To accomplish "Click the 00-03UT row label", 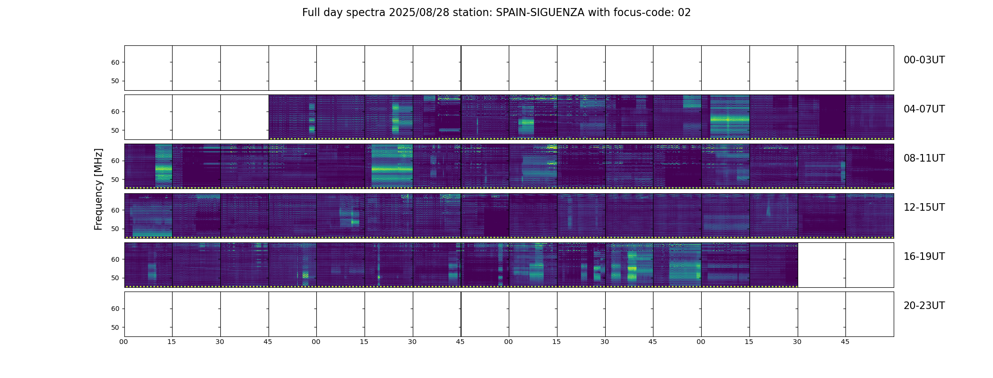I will pos(924,60).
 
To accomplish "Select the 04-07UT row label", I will pos(924,109).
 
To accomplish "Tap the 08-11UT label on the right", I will pos(924,158).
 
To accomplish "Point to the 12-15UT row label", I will pos(924,207).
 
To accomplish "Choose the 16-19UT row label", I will pos(924,257).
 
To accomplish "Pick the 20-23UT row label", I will pos(924,306).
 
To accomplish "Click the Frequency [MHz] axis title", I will pos(98,189).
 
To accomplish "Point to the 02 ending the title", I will pos(684,13).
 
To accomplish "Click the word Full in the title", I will pos(311,13).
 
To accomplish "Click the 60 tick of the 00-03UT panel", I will pos(115,62).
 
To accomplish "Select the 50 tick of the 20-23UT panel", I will pos(115,327).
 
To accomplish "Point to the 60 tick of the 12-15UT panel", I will pos(115,210).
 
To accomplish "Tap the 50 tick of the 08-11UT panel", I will pos(115,180).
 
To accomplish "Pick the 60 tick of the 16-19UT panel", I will pos(115,259).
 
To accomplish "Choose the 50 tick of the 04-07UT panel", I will pos(115,130).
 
